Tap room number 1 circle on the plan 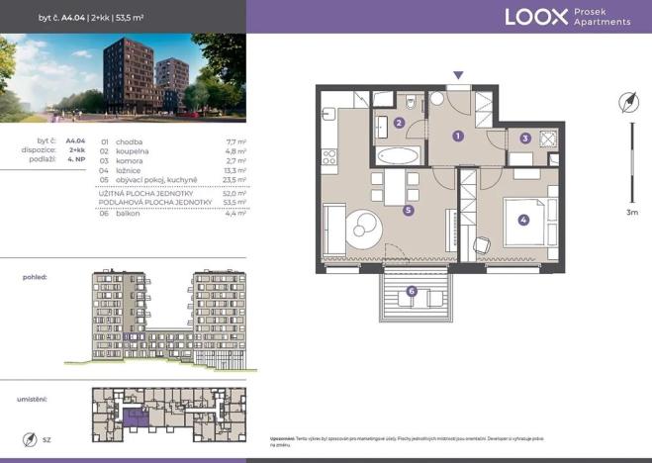458,136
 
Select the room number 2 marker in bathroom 398,124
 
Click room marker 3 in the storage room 525,139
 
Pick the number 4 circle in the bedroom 523,221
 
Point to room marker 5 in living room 408,210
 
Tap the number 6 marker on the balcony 411,291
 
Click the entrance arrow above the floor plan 457,75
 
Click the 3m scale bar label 632,212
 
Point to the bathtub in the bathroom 398,156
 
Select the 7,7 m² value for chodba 235,142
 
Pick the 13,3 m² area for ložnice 234,170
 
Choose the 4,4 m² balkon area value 235,214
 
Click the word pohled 35,278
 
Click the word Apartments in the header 602,22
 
